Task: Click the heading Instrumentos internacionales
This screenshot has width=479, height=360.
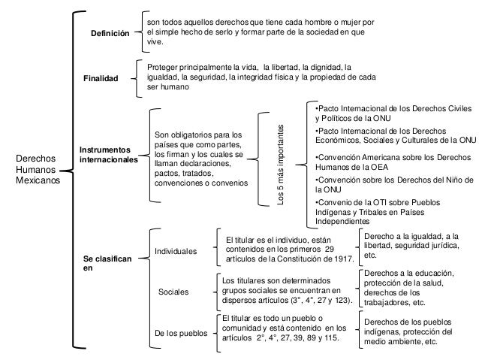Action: coord(109,155)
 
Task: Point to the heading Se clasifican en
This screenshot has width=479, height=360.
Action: coord(107,262)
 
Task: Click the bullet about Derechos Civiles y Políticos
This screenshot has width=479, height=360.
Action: coord(394,113)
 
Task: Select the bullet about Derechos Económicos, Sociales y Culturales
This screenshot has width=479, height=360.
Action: coord(394,135)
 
